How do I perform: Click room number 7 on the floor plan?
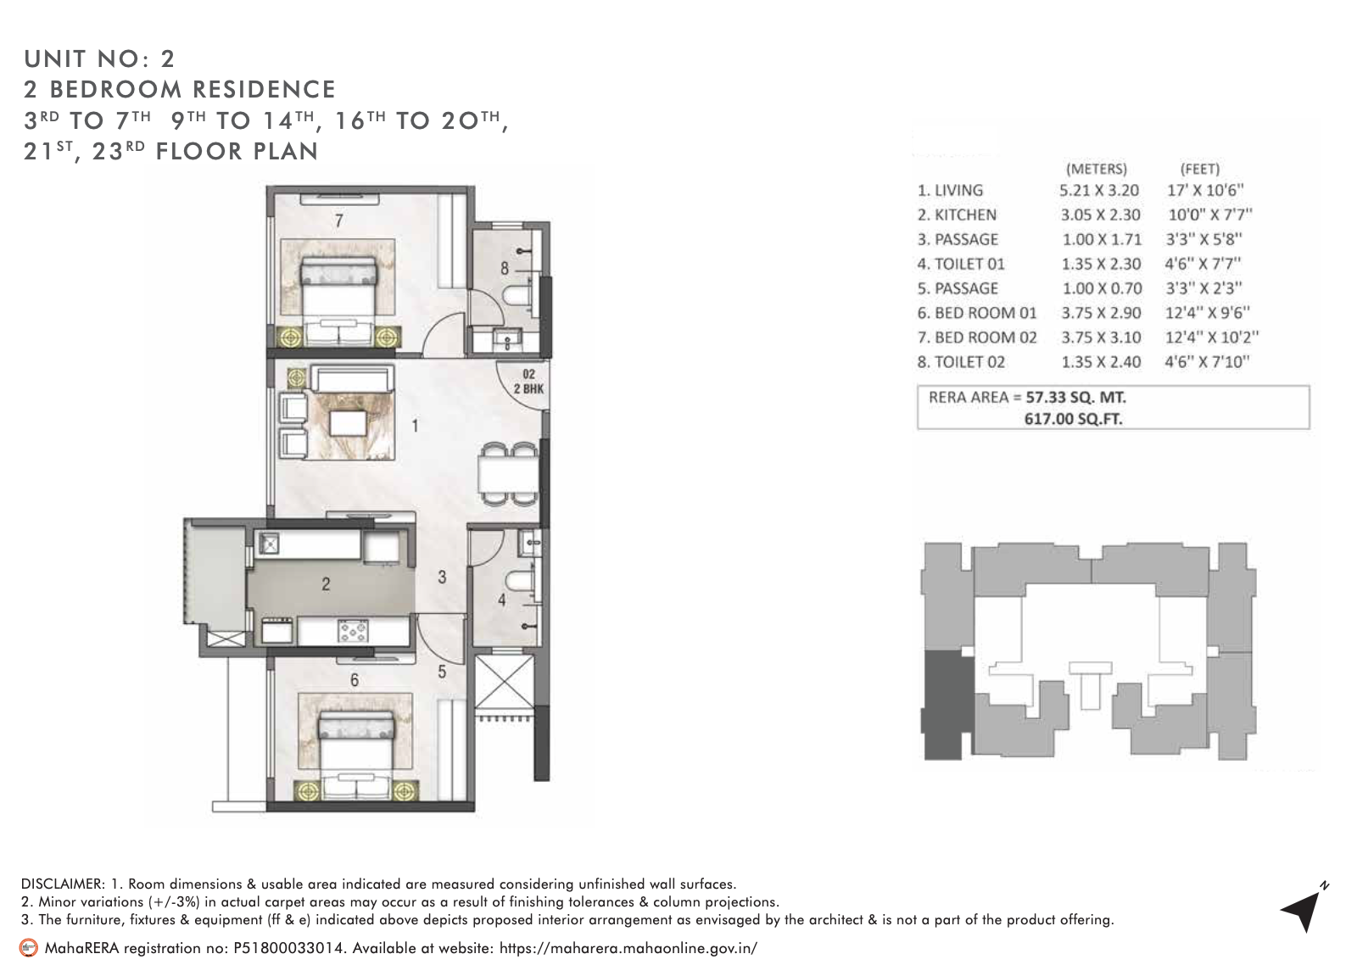point(338,221)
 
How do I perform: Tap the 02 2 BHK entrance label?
point(528,382)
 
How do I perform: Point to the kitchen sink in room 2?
point(269,544)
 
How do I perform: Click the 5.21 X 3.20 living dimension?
point(1099,191)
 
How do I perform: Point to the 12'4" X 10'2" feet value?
point(1210,337)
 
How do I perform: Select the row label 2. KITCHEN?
point(956,215)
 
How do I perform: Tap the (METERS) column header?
point(1096,168)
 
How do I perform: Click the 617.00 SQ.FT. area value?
point(1073,418)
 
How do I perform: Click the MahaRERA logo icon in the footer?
point(29,947)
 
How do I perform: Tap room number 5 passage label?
point(442,672)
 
